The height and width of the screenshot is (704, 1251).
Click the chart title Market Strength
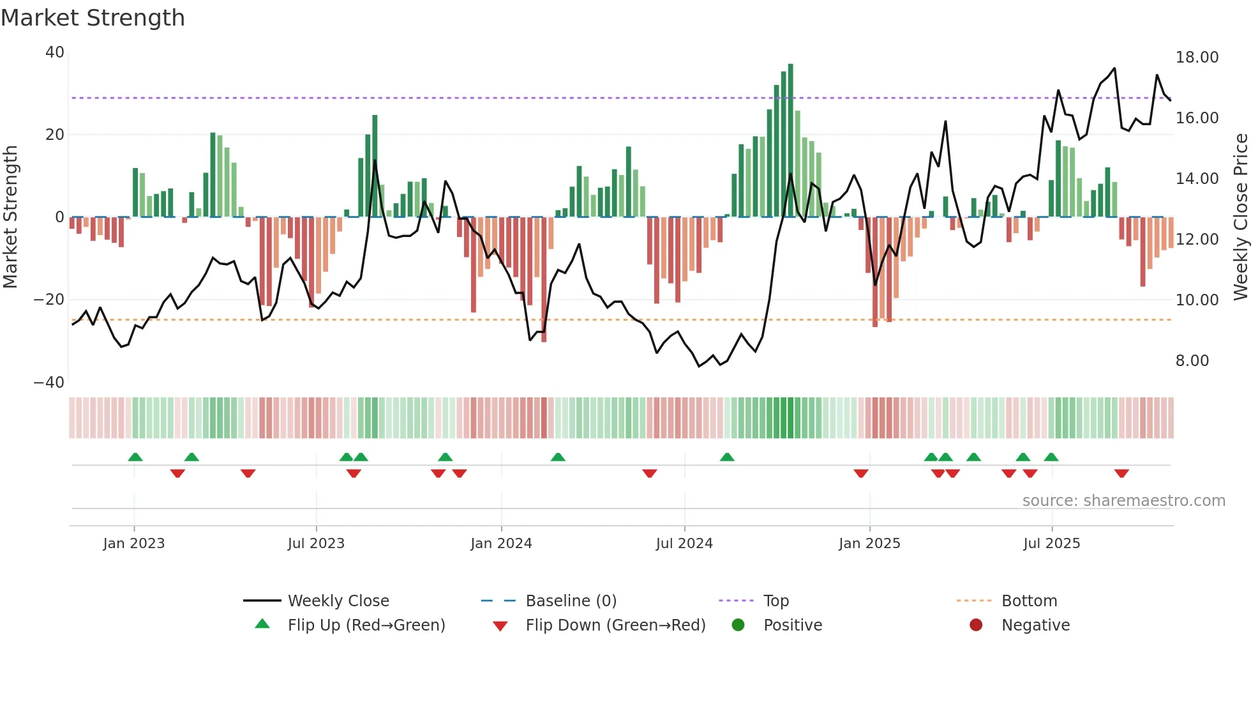coord(93,18)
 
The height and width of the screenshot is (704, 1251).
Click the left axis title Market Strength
coord(10,217)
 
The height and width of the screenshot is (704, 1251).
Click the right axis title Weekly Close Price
coord(1240,217)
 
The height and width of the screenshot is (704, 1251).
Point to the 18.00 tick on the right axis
coord(1197,57)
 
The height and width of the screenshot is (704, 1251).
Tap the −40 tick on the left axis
coord(49,383)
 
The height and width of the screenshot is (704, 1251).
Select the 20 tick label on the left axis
coord(55,135)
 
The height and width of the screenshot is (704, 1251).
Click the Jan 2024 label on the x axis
coord(501,544)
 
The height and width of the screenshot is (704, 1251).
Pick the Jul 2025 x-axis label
coord(1051,544)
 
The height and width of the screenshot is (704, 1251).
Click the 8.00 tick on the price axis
coord(1192,361)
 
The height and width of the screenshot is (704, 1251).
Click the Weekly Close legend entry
coord(338,601)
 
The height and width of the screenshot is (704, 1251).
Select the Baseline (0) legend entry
coord(571,601)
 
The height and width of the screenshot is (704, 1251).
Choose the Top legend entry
coord(775,601)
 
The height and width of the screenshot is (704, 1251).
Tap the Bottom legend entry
coord(1029,601)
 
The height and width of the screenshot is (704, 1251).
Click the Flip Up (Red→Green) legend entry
coord(366,625)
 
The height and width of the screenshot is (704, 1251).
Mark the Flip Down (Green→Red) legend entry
coord(615,625)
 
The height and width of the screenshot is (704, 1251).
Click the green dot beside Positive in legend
coord(738,625)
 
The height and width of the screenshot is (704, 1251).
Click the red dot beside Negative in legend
coord(976,625)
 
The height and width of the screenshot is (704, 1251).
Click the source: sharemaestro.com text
coord(1123,501)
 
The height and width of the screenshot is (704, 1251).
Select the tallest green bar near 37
coord(790,141)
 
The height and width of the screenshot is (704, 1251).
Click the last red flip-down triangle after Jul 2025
coord(1121,473)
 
